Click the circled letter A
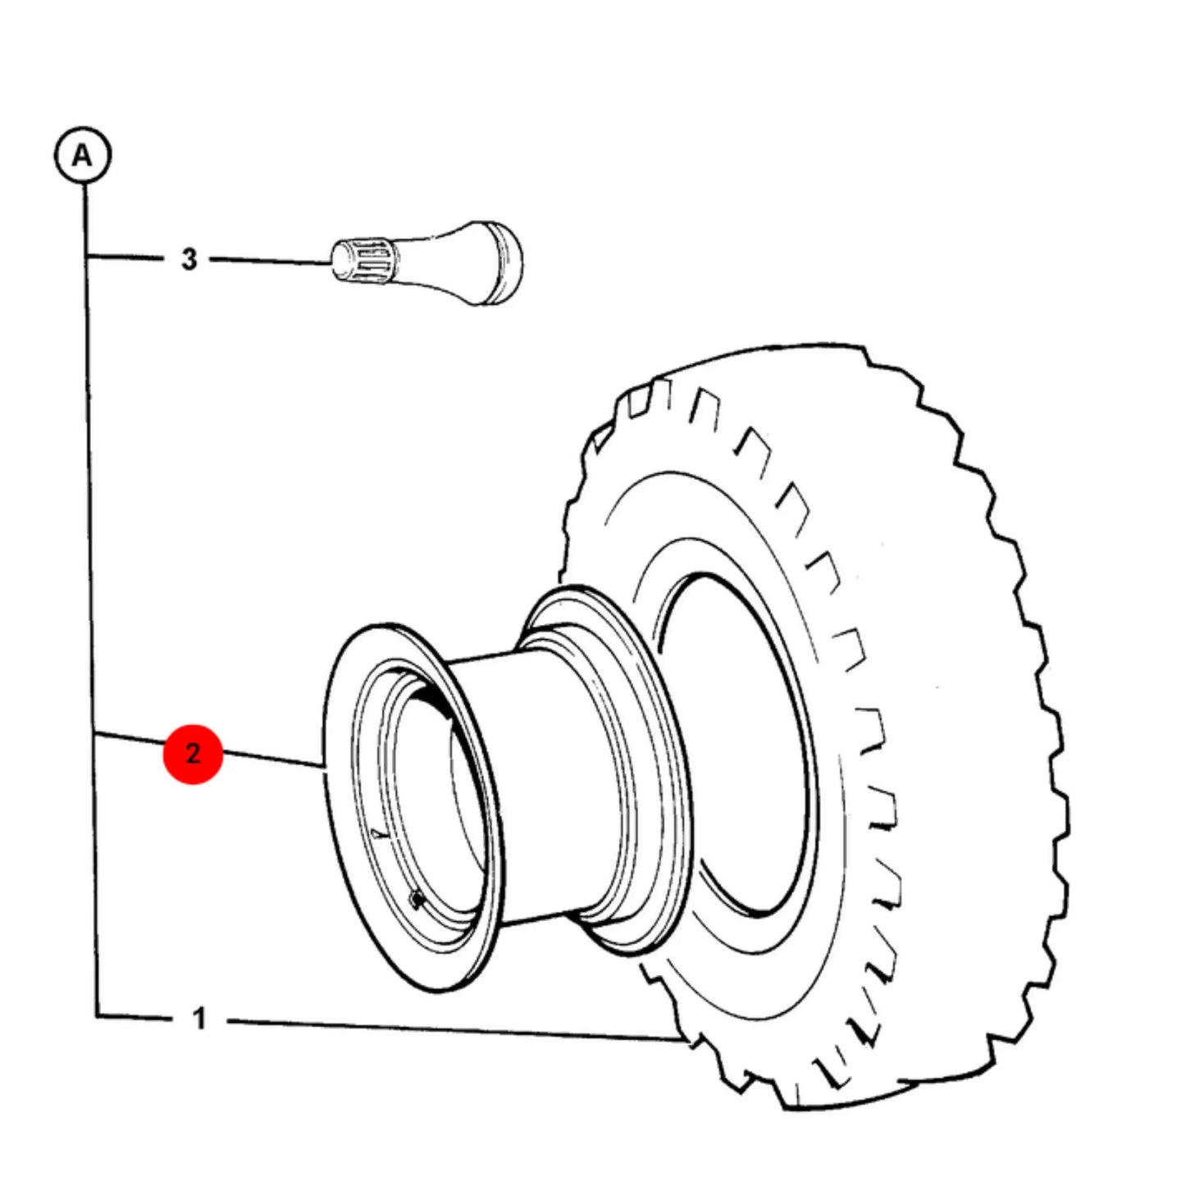pyautogui.click(x=83, y=154)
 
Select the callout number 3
pyautogui.click(x=189, y=259)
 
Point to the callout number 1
pyautogui.click(x=199, y=1019)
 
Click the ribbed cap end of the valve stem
pyautogui.click(x=362, y=262)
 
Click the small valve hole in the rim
pyautogui.click(x=417, y=900)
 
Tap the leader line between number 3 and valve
pyautogui.click(x=271, y=261)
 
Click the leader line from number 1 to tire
pyautogui.click(x=454, y=1031)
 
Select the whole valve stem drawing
pyautogui.click(x=427, y=263)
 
